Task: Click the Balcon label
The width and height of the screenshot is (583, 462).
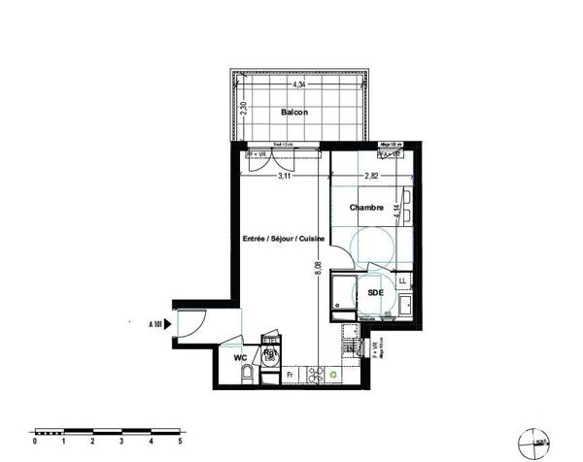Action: click(x=295, y=114)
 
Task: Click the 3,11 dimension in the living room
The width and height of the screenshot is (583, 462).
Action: click(x=285, y=177)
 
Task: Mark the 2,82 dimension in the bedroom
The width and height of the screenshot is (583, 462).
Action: click(x=372, y=177)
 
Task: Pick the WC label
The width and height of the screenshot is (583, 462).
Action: click(x=239, y=358)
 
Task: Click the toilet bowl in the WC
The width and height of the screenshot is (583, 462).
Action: click(x=250, y=374)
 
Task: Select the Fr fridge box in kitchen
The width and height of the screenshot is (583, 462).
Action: click(x=289, y=372)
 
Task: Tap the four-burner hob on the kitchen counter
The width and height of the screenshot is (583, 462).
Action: click(x=314, y=373)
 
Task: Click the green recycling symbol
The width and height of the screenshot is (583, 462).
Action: click(x=335, y=373)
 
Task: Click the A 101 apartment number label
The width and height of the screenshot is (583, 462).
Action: click(x=154, y=323)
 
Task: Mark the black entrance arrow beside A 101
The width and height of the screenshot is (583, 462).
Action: click(x=169, y=323)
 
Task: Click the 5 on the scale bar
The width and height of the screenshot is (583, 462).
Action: click(x=180, y=441)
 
